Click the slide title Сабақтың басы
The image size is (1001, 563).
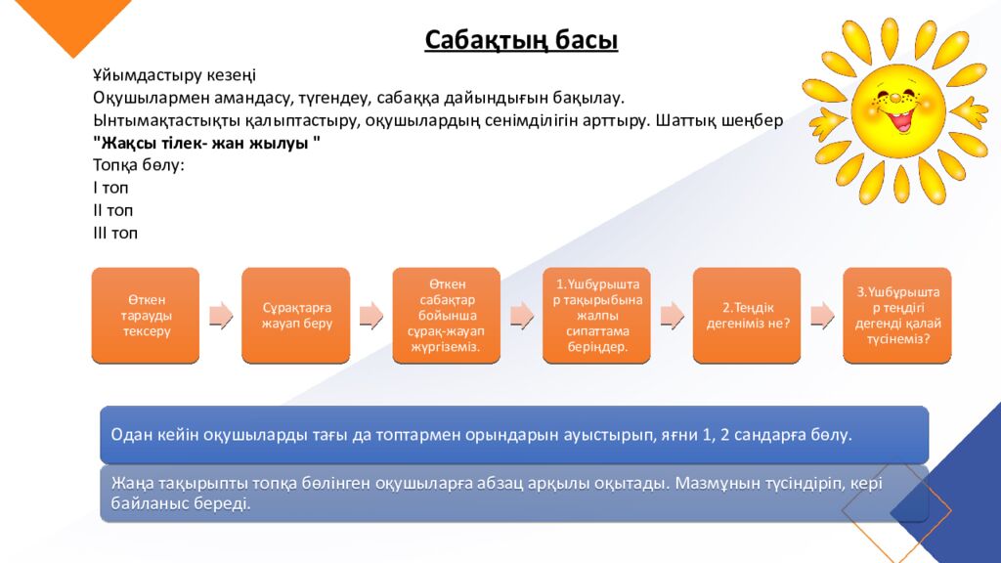[521, 40]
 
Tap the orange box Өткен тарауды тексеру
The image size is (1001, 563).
[146, 315]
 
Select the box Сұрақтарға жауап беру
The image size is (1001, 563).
[296, 315]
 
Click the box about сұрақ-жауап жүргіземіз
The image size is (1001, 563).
[446, 315]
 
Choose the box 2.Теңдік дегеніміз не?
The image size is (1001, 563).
[747, 315]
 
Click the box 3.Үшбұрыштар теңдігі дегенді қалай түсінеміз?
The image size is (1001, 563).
[897, 315]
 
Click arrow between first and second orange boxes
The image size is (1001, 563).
[221, 315]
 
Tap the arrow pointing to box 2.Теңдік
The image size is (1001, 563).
[672, 315]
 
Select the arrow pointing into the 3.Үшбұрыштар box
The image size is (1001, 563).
[822, 315]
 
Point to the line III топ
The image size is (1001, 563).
[115, 234]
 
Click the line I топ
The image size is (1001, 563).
[110, 188]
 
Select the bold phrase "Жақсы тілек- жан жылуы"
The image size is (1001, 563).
[206, 143]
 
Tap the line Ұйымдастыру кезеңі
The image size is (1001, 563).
[174, 75]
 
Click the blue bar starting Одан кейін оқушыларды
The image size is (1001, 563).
[513, 435]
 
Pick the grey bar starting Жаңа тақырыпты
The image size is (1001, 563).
[513, 494]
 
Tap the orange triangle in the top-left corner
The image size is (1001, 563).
[68, 20]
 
